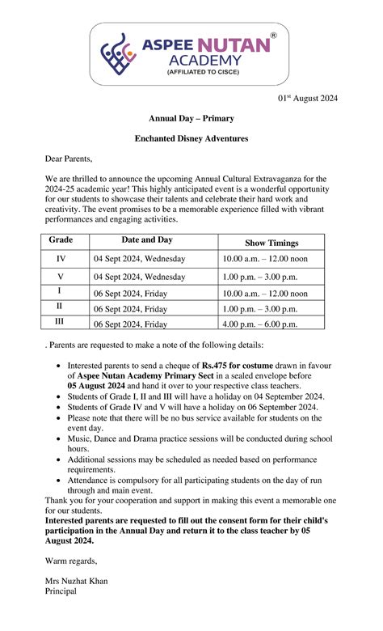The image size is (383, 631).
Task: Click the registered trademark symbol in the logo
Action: point(272,36)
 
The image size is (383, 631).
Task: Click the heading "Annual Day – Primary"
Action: point(191,119)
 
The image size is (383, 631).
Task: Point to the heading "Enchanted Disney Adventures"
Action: point(191,139)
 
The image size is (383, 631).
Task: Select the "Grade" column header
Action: point(61,240)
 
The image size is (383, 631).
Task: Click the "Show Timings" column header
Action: point(271,243)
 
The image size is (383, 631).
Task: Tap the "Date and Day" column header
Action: point(147,240)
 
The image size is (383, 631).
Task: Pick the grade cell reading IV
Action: point(61,259)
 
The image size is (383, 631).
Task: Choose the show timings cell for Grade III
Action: point(260,324)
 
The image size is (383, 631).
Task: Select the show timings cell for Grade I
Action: point(265,294)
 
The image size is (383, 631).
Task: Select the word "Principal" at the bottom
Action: point(61,591)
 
